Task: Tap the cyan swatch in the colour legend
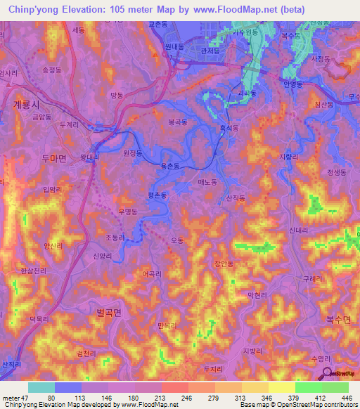(41, 387)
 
